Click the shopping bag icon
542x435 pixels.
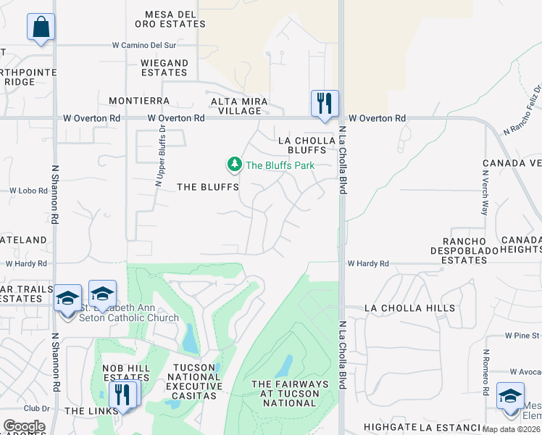pyautogui.click(x=41, y=28)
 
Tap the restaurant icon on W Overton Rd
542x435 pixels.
pyautogui.click(x=325, y=102)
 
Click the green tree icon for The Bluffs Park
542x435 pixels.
pyautogui.click(x=234, y=165)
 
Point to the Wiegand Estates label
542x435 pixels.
pyautogui.click(x=164, y=67)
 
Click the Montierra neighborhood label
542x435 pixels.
pyautogui.click(x=139, y=101)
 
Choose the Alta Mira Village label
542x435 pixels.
pyautogui.click(x=239, y=106)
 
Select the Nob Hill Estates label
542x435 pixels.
pyautogui.click(x=126, y=373)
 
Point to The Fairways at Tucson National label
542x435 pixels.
pyautogui.click(x=289, y=393)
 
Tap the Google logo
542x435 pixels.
pyautogui.click(x=24, y=426)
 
